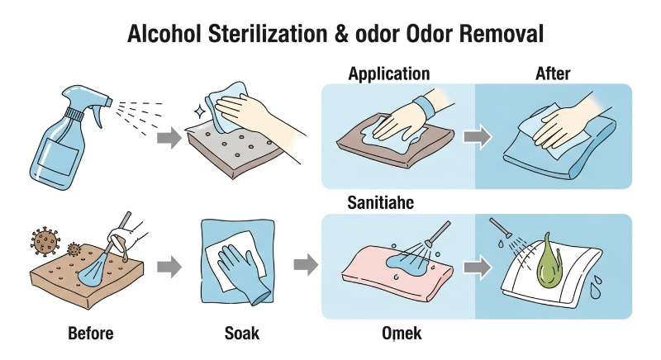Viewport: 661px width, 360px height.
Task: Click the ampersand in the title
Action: (341, 34)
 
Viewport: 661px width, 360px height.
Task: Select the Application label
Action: (389, 74)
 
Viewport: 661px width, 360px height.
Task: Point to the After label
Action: (553, 73)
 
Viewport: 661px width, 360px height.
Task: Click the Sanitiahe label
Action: (381, 203)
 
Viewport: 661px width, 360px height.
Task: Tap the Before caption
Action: (91, 333)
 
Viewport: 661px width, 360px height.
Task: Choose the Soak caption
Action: (241, 333)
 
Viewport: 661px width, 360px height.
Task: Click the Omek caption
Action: (402, 333)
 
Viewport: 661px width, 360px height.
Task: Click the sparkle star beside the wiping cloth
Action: (199, 112)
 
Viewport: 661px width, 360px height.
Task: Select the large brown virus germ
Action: (45, 241)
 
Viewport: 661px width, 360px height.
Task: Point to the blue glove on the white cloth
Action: (242, 272)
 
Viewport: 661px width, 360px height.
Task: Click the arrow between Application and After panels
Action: (478, 137)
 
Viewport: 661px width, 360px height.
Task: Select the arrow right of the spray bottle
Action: (169, 138)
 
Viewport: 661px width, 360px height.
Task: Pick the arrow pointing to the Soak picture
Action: (169, 267)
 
